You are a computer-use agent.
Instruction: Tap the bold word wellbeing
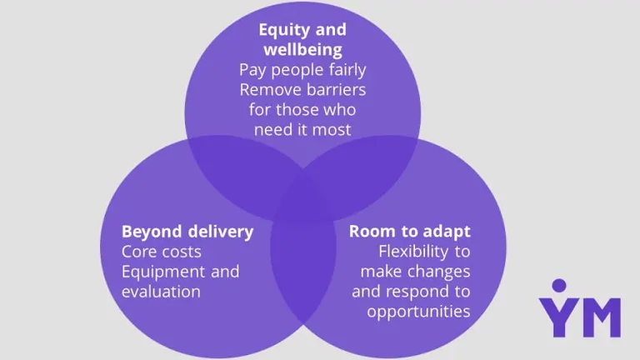pyautogui.click(x=302, y=50)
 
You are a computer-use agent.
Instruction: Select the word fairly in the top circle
pyautogui.click(x=347, y=70)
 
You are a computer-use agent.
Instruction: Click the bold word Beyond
pyautogui.click(x=152, y=232)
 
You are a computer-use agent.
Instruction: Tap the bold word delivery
pyautogui.click(x=220, y=232)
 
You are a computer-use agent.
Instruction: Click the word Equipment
pyautogui.click(x=163, y=272)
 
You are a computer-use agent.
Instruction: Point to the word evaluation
pyautogui.click(x=161, y=292)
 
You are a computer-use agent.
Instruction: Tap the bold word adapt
pyautogui.click(x=447, y=232)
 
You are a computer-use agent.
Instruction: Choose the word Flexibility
pyautogui.click(x=413, y=252)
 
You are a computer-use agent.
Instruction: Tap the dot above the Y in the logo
pyautogui.click(x=559, y=286)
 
